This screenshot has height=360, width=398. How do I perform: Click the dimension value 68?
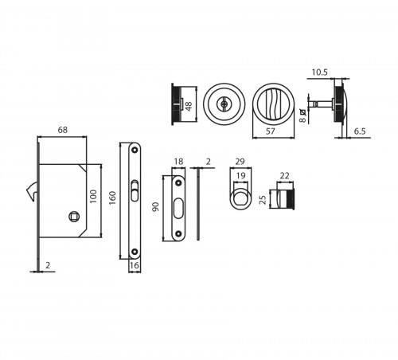point(63,130)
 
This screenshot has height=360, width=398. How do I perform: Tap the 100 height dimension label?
point(93,197)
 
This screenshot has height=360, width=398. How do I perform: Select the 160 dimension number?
point(112,198)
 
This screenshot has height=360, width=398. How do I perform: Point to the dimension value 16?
point(135,265)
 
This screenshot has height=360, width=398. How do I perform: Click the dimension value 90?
point(155,207)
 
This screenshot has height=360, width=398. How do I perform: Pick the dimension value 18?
point(178,162)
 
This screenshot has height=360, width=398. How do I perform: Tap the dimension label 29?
point(240,162)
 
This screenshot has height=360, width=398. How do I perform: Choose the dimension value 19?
point(240,175)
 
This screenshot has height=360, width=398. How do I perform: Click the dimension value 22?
point(284,175)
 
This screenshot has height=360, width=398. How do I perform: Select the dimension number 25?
point(263,200)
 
